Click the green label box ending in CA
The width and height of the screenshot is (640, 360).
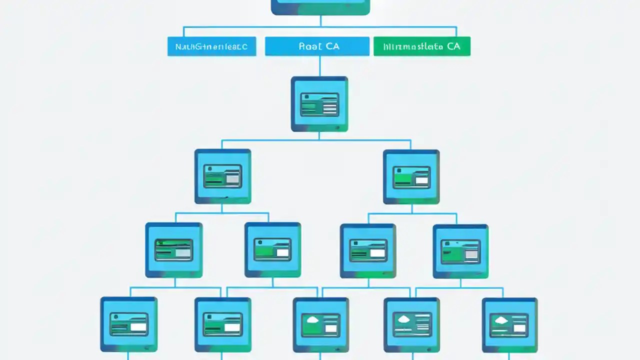[x=421, y=46]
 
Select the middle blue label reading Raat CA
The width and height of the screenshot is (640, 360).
[x=317, y=46]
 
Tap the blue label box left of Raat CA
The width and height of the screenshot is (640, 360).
[x=211, y=46]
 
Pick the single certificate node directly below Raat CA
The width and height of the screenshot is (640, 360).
[x=319, y=104]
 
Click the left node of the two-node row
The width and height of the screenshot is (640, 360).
[x=222, y=176]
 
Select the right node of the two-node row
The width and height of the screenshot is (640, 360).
[x=411, y=176]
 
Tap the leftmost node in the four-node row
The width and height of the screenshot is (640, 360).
[x=174, y=250]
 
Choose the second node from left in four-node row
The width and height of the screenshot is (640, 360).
[x=272, y=249]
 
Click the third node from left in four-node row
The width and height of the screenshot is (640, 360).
[x=368, y=250]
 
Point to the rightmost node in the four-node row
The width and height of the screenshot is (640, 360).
[x=460, y=251]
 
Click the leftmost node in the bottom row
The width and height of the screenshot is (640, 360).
[x=129, y=324]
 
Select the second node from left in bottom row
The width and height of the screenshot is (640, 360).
[x=222, y=324]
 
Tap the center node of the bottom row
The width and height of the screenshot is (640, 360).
[x=320, y=324]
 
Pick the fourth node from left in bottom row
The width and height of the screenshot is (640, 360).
[x=411, y=324]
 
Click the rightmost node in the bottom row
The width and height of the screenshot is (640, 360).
[x=509, y=324]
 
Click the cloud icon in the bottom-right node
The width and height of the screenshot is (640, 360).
[x=499, y=319]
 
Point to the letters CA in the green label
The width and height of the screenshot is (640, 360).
[x=453, y=46]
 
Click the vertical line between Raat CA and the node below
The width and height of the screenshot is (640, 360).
[x=319, y=66]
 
